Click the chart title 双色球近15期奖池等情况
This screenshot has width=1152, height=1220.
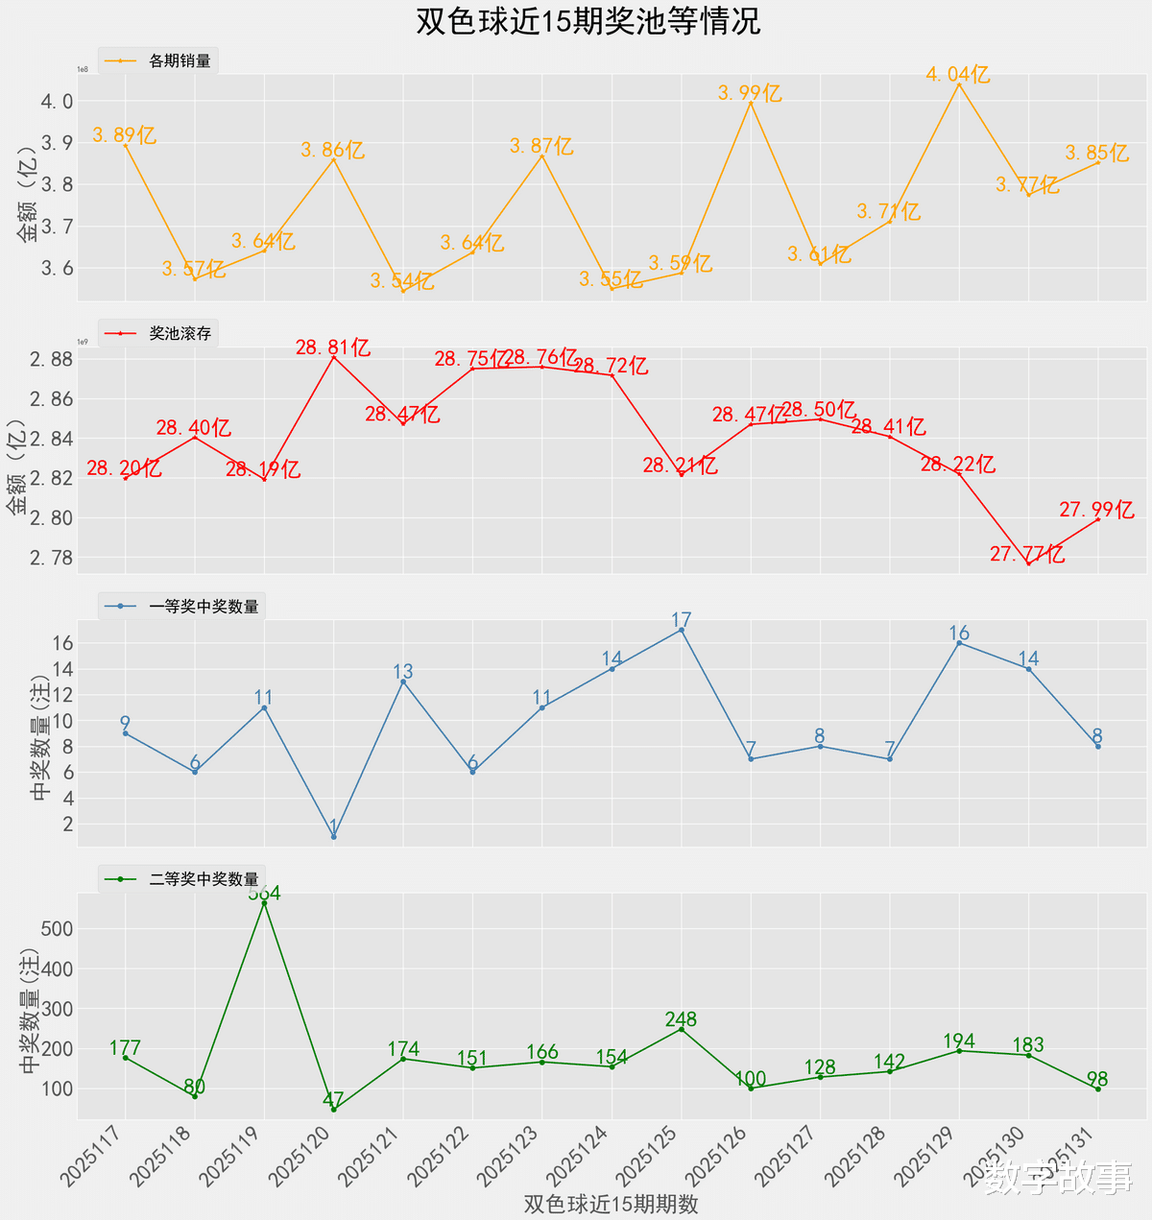pos(588,21)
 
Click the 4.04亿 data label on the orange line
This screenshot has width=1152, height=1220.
pos(958,74)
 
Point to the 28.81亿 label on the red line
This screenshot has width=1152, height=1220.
pos(333,347)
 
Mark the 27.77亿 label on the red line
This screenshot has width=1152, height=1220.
pos(1027,554)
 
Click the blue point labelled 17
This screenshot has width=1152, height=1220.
pos(682,630)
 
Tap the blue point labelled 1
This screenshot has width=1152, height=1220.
pos(333,837)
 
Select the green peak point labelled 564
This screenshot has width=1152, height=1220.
pos(264,902)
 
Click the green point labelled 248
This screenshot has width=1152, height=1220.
pos(682,1029)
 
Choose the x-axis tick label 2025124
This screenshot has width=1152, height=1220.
pos(581,1156)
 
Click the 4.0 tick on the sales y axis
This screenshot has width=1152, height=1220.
pos(57,102)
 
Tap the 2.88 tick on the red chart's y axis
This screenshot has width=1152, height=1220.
pos(50,360)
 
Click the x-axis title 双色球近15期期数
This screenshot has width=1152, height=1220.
pos(611,1204)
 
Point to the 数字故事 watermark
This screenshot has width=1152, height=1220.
pos(1058,1178)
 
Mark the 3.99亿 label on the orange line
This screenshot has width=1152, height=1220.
pos(750,93)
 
